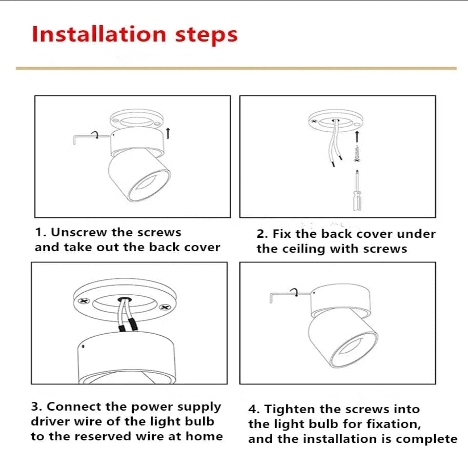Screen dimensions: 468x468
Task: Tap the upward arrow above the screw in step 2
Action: pos(357,136)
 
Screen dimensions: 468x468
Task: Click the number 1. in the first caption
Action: pos(40,232)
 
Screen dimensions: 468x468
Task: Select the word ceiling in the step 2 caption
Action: pos(296,249)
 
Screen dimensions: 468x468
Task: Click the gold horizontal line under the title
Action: pos(236,68)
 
